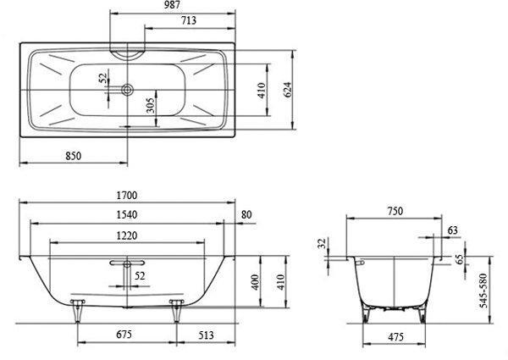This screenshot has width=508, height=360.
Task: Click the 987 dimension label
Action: coord(172,5)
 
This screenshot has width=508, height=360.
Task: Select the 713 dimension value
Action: coord(189,20)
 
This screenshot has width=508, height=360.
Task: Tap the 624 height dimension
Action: coord(288,90)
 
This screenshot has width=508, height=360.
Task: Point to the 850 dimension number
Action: coord(74,156)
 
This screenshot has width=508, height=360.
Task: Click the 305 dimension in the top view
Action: coord(151,105)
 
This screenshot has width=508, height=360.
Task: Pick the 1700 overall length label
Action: coord(127,196)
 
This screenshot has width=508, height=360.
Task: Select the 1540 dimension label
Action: coord(127,214)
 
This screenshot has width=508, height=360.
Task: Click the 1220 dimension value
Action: coord(127,235)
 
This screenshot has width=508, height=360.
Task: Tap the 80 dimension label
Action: coord(246,214)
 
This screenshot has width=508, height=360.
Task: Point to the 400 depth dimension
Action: coord(256,282)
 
